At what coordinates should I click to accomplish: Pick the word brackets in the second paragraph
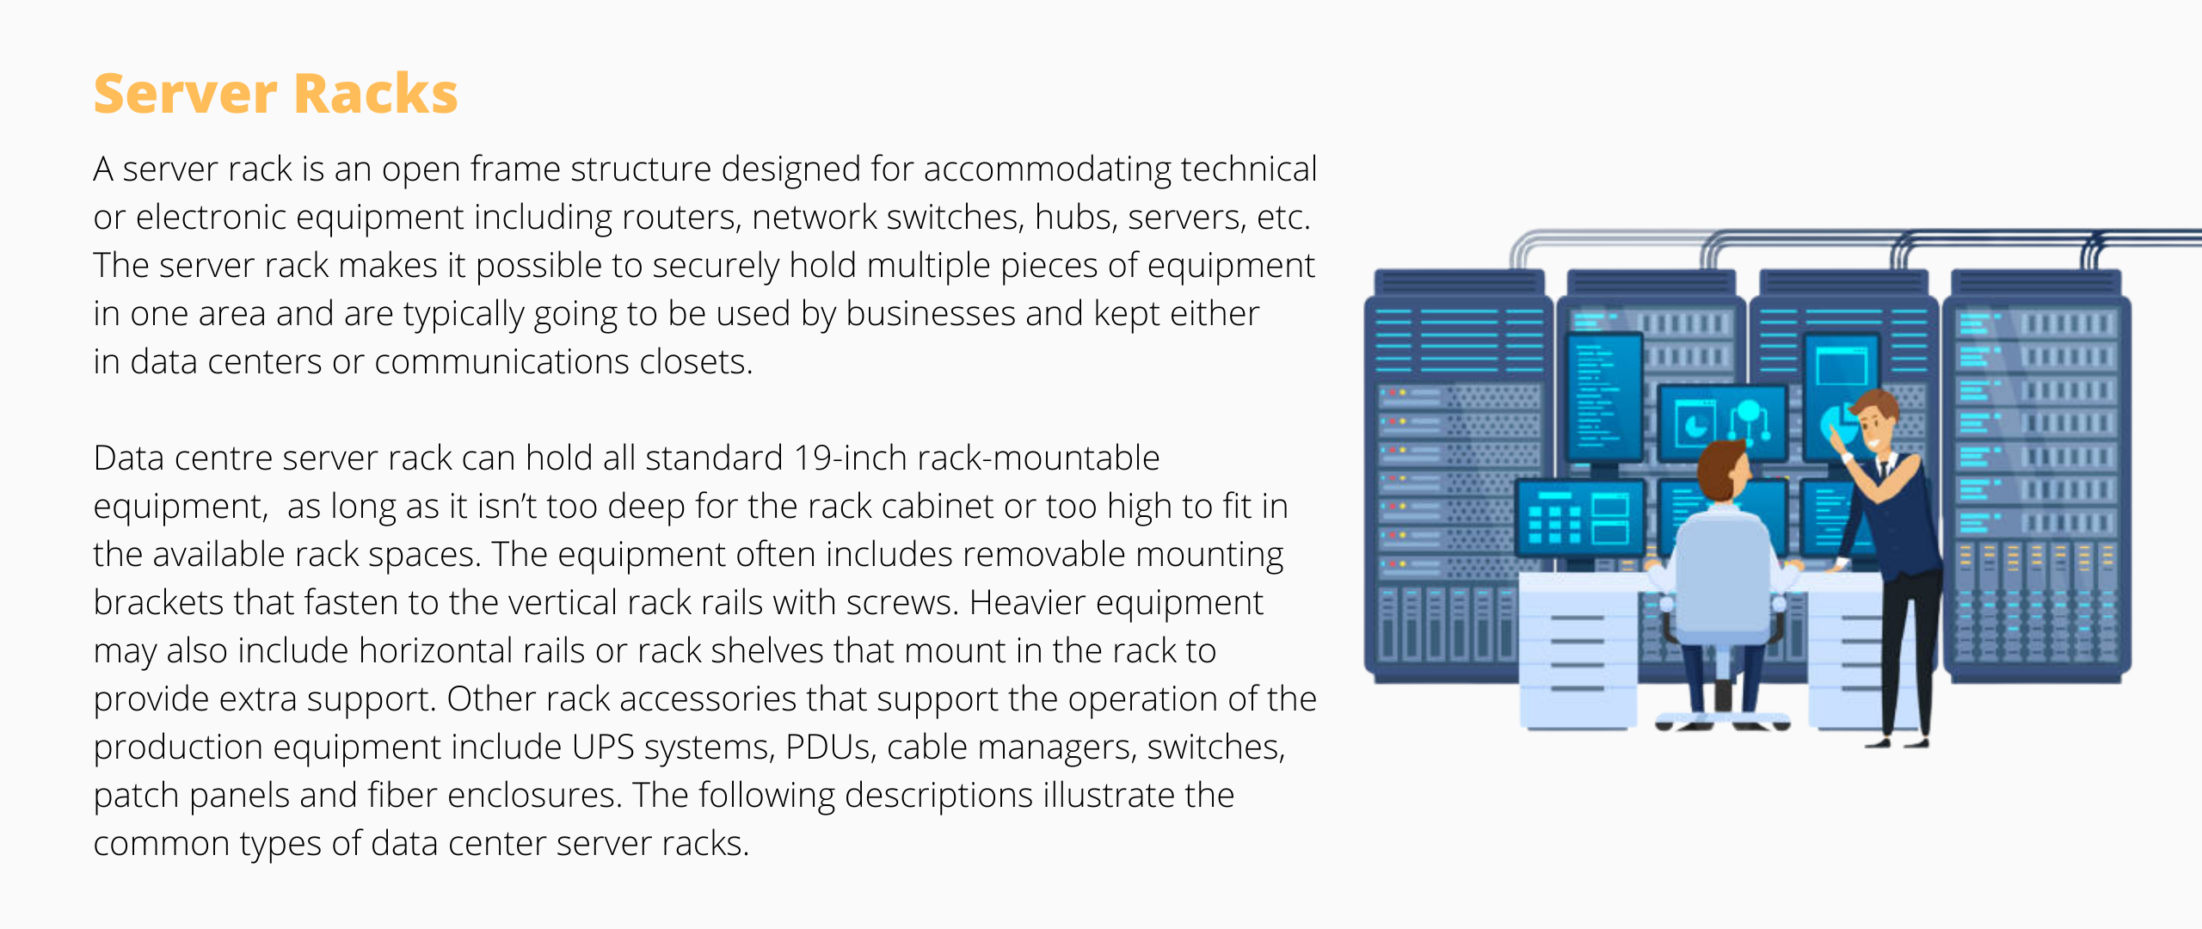click(158, 603)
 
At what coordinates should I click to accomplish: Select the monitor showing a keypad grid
click(1579, 518)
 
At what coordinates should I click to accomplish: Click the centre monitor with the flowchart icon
click(1723, 423)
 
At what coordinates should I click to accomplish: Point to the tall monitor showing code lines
click(1603, 398)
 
